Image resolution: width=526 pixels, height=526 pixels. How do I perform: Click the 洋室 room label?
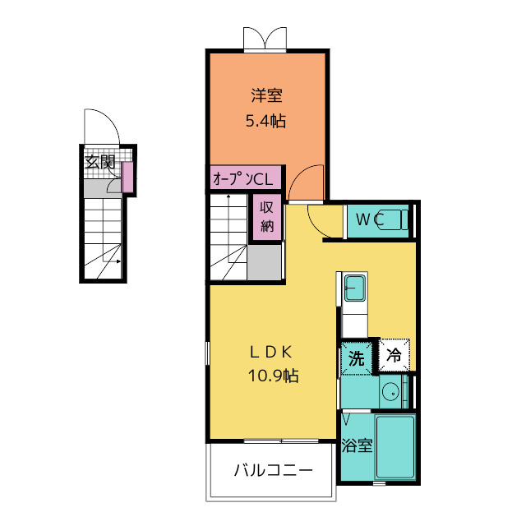pos(266,95)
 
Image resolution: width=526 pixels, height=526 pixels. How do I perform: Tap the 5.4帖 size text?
pos(266,121)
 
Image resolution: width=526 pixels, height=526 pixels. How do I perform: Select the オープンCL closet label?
pos(243,179)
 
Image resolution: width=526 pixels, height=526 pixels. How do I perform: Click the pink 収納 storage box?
pos(267,217)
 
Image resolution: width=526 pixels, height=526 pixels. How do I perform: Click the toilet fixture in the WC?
pos(393,219)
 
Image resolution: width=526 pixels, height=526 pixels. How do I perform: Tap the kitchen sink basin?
pos(355,288)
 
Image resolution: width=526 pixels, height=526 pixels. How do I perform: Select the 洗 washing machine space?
pos(356,358)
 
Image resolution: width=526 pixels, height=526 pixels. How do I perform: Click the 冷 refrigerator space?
pos(394,355)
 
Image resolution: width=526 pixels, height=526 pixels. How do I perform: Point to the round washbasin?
pos(390,391)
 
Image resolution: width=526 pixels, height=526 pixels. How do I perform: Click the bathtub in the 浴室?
pos(395,447)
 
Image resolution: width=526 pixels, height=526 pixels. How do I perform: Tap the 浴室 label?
pos(357,445)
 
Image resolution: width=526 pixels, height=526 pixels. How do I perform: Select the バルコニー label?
pos(274,470)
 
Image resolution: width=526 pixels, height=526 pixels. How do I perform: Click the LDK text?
pos(270,352)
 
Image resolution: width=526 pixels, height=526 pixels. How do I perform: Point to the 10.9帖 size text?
pos(274,376)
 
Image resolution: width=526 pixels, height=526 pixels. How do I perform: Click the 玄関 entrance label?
pos(100,162)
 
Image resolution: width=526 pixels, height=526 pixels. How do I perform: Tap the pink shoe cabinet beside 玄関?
pos(128,177)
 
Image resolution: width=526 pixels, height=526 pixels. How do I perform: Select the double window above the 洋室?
pos(265,39)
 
